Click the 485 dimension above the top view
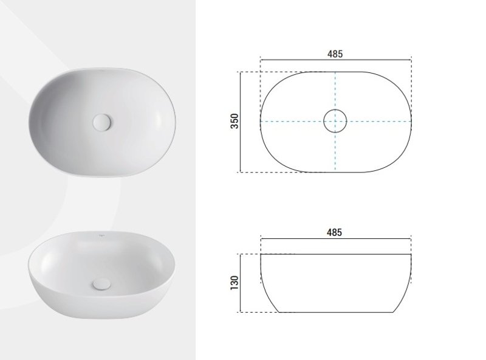(x=335, y=54)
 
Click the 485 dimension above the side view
(x=335, y=232)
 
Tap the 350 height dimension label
(x=234, y=121)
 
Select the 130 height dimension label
(x=234, y=283)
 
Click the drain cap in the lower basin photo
(x=101, y=284)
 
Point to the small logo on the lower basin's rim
(x=101, y=235)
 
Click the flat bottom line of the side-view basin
(x=336, y=312)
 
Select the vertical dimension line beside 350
(x=241, y=122)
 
